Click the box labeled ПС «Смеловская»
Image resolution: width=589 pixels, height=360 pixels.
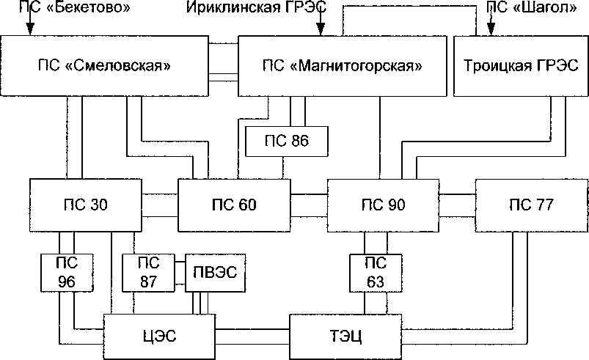[x=103, y=66]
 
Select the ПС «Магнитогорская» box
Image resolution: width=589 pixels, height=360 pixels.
[x=342, y=66]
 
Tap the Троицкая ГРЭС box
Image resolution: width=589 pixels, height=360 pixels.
[x=521, y=66]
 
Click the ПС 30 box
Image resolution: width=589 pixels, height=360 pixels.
[x=85, y=205]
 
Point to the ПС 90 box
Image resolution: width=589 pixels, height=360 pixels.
[x=381, y=205]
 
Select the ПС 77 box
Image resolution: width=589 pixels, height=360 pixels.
[x=533, y=205]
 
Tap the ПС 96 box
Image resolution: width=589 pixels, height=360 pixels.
[x=67, y=273]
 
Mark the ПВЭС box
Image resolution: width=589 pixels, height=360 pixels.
[x=216, y=273]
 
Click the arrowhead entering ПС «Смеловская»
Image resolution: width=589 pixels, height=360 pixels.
[x=30, y=31]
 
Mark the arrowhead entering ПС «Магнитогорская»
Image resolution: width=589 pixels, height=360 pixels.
[x=320, y=31]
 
